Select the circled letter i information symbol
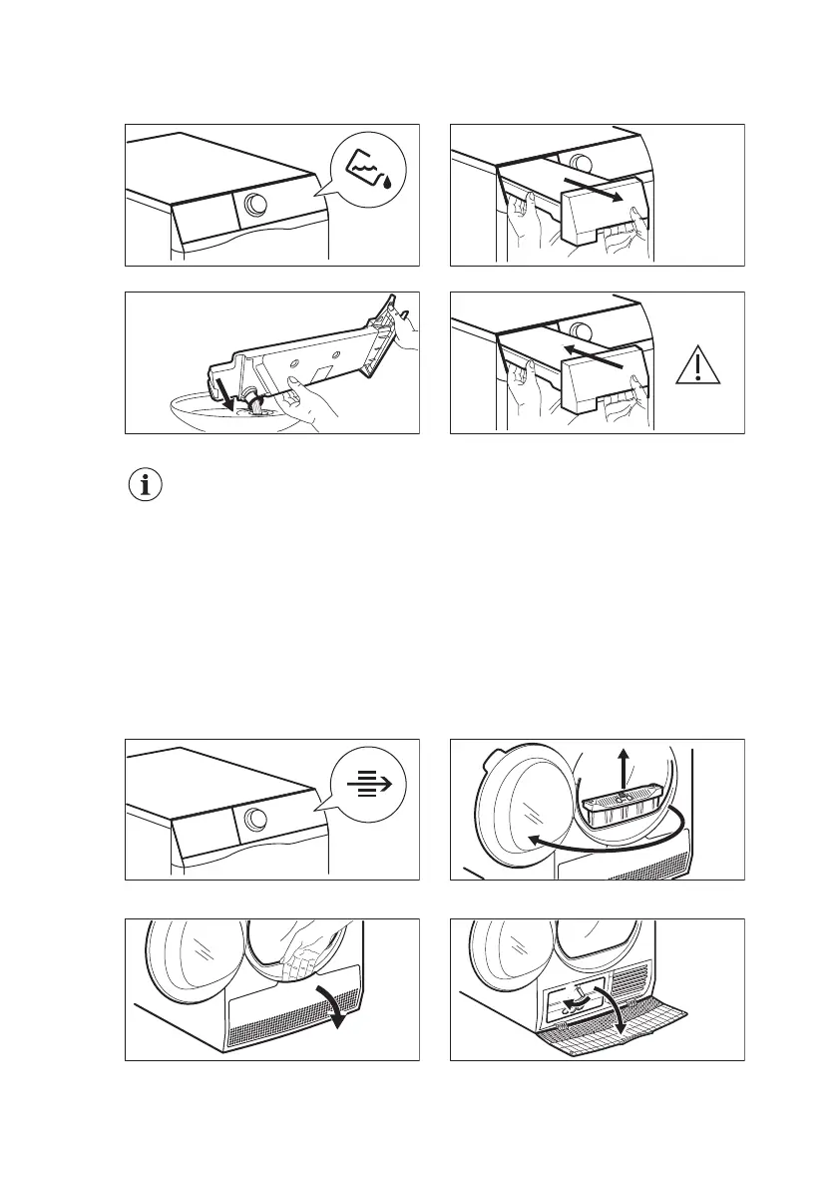point(147,486)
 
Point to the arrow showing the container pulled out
point(597,190)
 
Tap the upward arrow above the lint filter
point(625,769)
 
